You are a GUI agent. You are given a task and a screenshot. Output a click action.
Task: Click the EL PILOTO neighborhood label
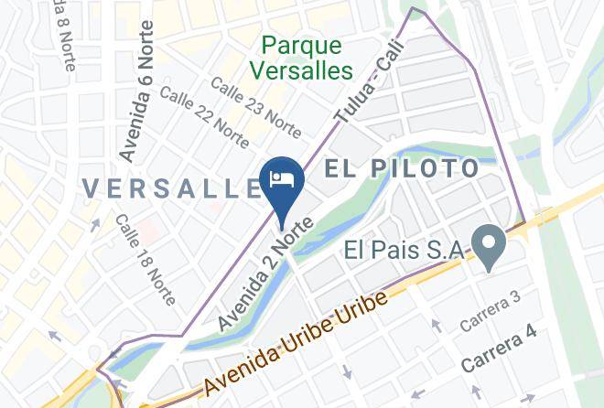coord(403,169)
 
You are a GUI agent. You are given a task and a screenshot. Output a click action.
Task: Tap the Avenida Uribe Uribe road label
coord(292,342)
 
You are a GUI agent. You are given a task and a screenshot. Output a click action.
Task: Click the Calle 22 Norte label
coord(204,116)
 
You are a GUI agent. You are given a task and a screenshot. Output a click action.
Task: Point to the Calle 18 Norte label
coord(140,247)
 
